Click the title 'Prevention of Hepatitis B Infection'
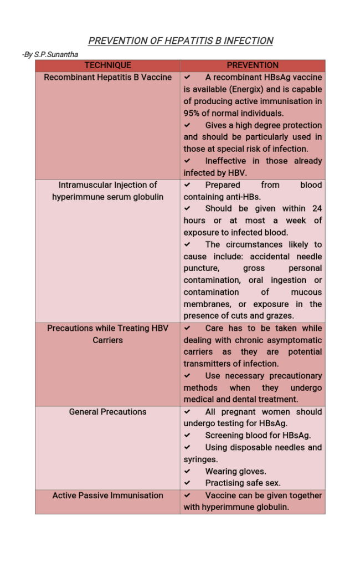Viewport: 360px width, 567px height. [181, 40]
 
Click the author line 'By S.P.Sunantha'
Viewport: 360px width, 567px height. [50, 55]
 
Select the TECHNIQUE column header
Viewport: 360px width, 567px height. [108, 65]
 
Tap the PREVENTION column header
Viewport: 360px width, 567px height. [253, 65]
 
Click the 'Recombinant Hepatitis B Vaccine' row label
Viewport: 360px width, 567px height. [108, 77]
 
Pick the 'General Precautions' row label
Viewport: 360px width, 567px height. [108, 412]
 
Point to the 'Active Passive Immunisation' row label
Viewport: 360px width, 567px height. [108, 496]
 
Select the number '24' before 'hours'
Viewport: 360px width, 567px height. [316, 208]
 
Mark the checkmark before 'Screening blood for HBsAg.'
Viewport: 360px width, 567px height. [188, 436]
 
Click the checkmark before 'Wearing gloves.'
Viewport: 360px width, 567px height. [188, 472]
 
